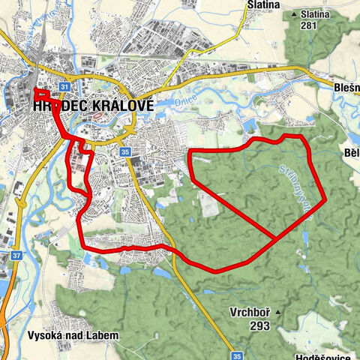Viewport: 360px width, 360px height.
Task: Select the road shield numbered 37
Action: pos(16,254)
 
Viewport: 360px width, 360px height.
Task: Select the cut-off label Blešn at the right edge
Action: pos(346,87)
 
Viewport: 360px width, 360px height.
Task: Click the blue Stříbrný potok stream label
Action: pos(294,181)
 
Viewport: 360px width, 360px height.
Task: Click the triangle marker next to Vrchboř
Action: pos(278,311)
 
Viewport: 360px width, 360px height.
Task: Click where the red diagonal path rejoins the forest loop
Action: pos(278,237)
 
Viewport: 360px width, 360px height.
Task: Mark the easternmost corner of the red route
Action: pos(324,200)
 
